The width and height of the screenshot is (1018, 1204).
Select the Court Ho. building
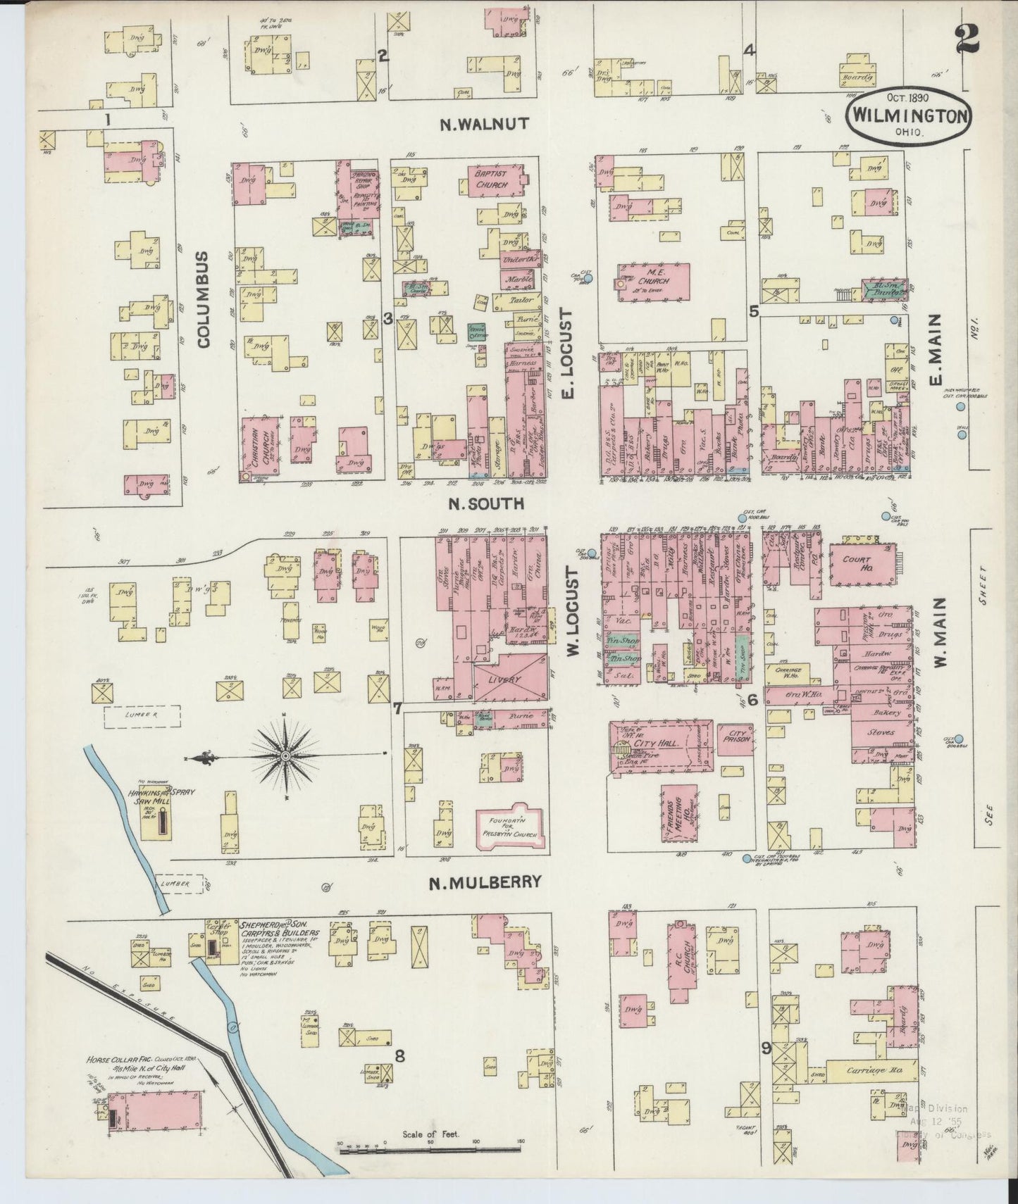point(858,565)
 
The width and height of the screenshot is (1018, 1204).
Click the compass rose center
point(286,756)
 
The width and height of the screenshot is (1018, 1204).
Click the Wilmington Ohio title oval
point(908,114)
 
